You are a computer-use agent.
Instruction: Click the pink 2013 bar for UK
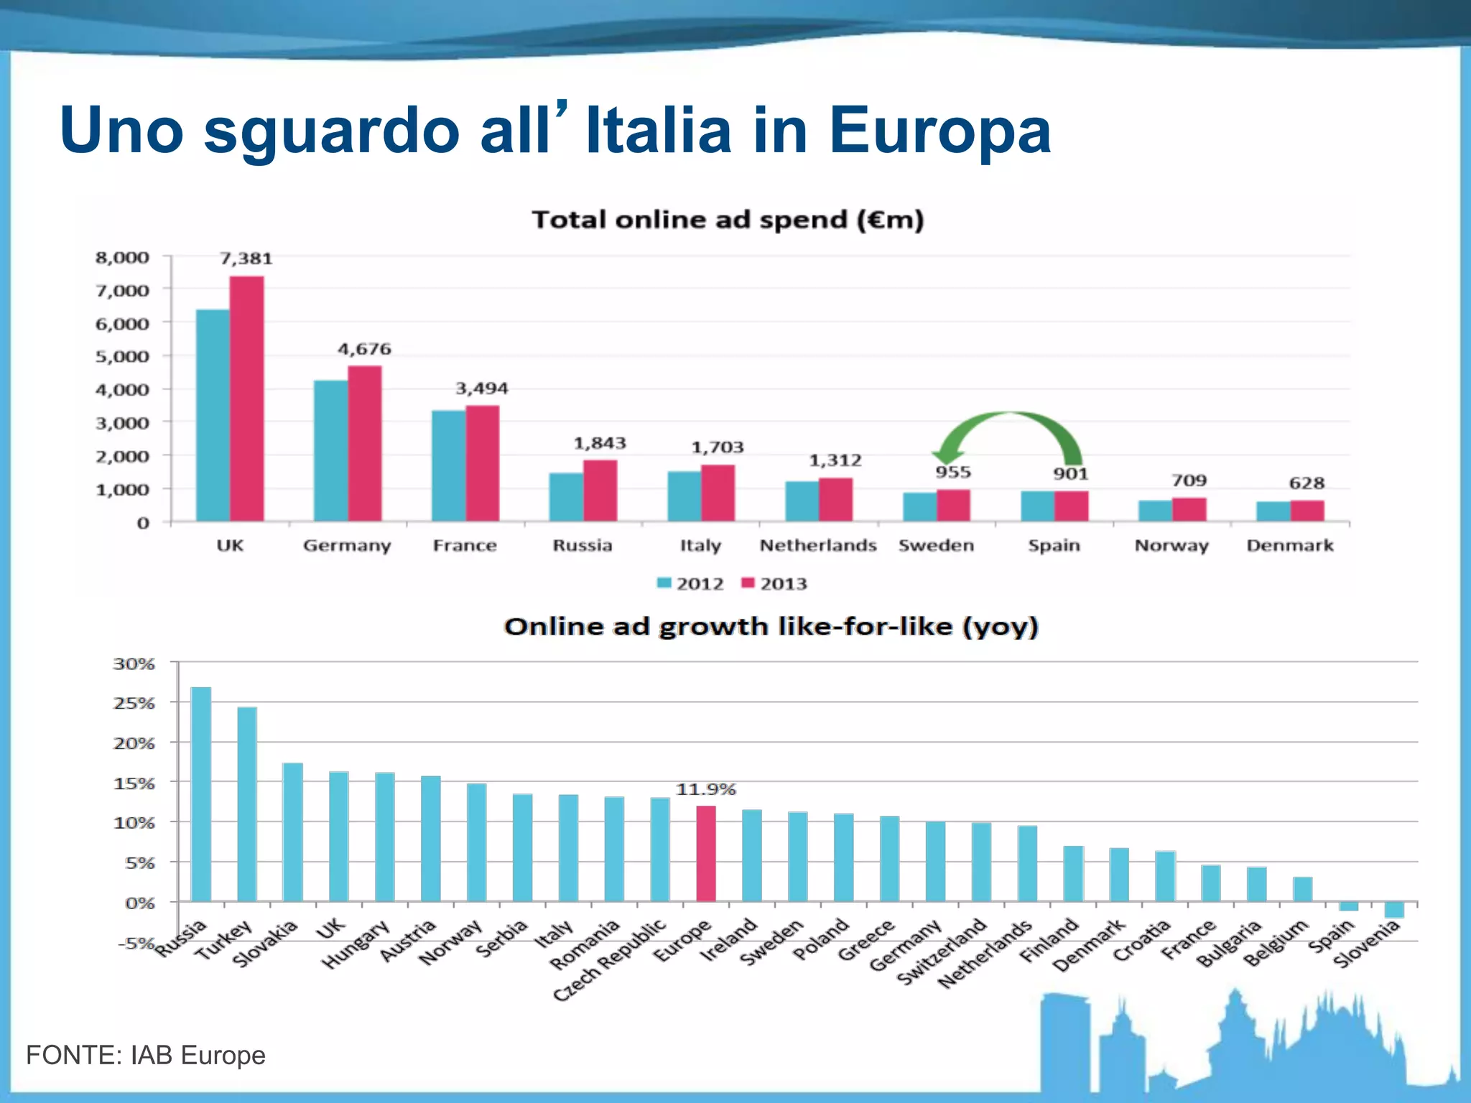click(246, 399)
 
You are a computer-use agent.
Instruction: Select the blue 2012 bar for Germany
click(330, 450)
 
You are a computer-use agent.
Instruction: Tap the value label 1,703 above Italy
click(717, 447)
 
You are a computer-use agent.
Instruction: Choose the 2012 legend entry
click(690, 584)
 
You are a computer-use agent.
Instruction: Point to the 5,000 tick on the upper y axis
click(122, 357)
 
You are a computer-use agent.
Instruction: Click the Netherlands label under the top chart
click(818, 546)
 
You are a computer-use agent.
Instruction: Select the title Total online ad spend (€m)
click(727, 219)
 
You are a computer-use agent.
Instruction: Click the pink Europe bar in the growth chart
click(706, 853)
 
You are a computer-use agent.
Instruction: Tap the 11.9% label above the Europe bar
click(705, 789)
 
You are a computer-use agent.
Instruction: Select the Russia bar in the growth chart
click(201, 793)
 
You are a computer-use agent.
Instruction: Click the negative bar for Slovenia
click(1393, 909)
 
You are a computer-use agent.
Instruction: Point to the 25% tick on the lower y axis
click(134, 703)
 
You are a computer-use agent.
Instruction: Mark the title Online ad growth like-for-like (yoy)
click(771, 626)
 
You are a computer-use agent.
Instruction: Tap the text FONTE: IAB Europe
click(146, 1055)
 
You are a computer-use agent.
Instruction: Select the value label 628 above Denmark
click(1306, 483)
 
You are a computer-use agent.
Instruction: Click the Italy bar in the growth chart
click(568, 847)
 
